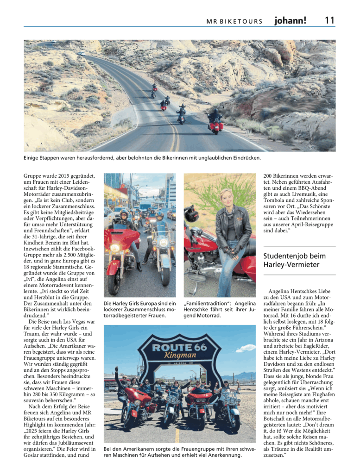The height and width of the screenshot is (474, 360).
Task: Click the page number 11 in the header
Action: (x=329, y=20)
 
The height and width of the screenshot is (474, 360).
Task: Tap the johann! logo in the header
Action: (x=290, y=20)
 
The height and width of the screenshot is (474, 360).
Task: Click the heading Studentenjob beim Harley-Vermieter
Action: (x=294, y=260)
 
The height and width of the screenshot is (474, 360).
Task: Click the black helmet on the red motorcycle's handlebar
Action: (x=191, y=214)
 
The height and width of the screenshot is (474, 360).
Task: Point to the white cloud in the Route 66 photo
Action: (x=246, y=348)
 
